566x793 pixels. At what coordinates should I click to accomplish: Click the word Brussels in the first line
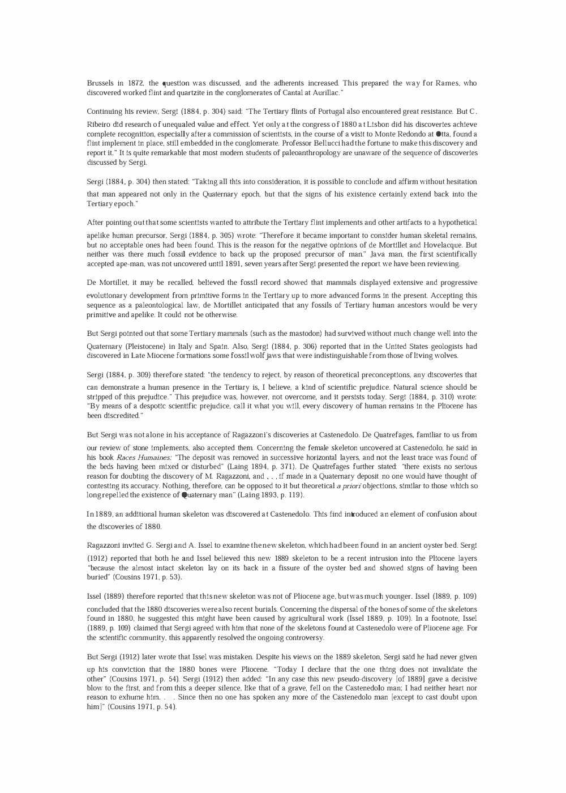(100, 83)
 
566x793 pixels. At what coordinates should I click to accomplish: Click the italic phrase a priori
(353, 486)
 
